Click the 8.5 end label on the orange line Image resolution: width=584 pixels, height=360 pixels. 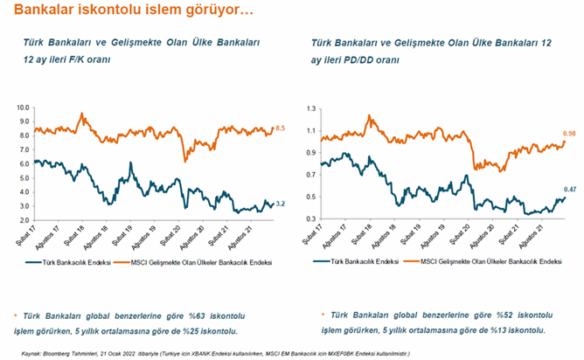click(280, 128)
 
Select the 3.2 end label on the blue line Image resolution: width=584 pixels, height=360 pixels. click(280, 204)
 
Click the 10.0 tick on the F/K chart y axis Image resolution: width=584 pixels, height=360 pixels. click(23, 107)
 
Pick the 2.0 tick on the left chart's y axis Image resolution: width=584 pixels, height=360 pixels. click(24, 220)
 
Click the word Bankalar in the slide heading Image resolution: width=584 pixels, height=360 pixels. click(33, 11)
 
